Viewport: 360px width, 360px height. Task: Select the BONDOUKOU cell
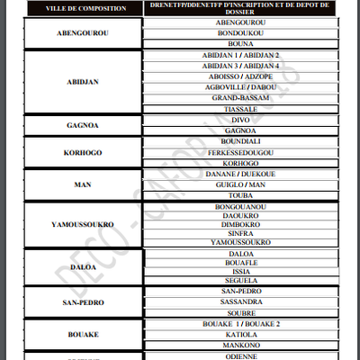(x=240, y=32)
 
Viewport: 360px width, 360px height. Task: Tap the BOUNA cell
(x=240, y=43)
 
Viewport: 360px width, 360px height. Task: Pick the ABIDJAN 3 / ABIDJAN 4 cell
(x=240, y=66)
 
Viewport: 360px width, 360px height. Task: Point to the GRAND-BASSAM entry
(x=240, y=97)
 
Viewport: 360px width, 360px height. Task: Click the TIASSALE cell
(x=240, y=108)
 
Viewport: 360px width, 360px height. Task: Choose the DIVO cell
(x=240, y=120)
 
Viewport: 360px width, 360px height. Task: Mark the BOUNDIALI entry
(x=240, y=141)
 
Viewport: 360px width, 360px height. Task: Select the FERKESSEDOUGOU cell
(x=240, y=152)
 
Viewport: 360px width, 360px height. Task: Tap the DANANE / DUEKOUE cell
(x=240, y=173)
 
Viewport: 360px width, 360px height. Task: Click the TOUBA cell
(x=240, y=194)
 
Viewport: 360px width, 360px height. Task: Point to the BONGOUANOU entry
(x=240, y=207)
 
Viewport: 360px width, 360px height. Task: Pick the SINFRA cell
(x=240, y=232)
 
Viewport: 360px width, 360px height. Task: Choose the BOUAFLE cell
(x=240, y=262)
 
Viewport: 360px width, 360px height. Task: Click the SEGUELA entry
(x=240, y=281)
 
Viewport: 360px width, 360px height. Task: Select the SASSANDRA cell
(x=240, y=303)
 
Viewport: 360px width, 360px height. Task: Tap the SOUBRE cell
(x=240, y=313)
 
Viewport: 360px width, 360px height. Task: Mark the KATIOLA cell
(x=240, y=333)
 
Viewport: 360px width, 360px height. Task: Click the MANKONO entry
(x=240, y=344)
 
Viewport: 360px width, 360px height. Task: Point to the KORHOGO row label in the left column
(x=83, y=152)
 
